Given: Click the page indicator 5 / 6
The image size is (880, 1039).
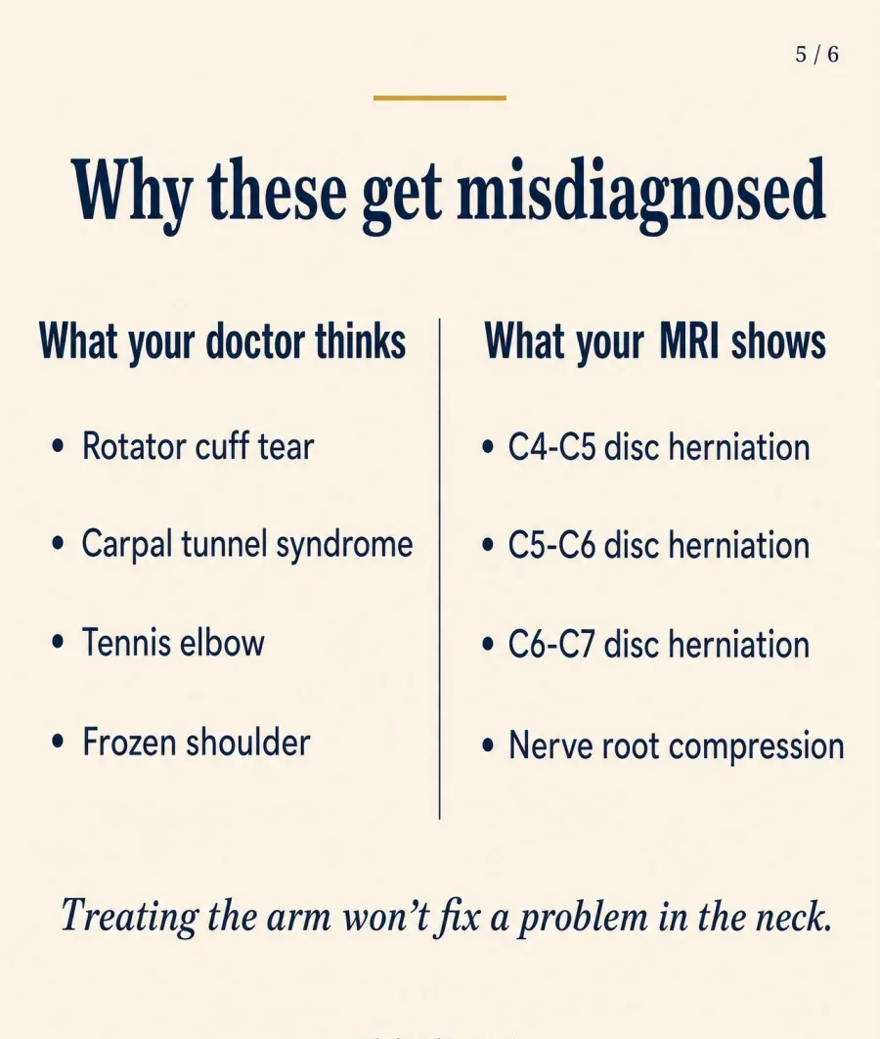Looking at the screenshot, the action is pyautogui.click(x=817, y=54).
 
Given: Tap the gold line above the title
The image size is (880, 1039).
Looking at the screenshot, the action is pyautogui.click(x=440, y=98).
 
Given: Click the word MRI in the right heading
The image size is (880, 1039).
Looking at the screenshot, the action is pyautogui.click(x=688, y=341).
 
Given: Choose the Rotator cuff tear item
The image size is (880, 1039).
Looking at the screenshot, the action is pyautogui.click(x=198, y=446).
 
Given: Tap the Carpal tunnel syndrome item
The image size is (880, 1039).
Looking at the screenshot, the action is pyautogui.click(x=247, y=545).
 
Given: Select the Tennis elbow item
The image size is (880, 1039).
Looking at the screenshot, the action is pyautogui.click(x=173, y=643).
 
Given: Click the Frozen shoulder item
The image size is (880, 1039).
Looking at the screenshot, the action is pyautogui.click(x=196, y=743).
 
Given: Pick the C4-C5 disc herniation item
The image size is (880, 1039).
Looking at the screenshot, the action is pyautogui.click(x=659, y=447).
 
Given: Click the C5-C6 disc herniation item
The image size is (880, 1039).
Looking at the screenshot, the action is pyautogui.click(x=659, y=546).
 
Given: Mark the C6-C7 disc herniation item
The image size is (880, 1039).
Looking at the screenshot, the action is pyautogui.click(x=659, y=645).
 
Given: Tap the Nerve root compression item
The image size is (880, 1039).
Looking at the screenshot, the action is pyautogui.click(x=676, y=746).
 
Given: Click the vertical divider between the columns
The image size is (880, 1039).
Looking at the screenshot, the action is pyautogui.click(x=440, y=568).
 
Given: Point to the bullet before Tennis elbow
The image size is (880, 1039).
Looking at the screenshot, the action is pyautogui.click(x=59, y=643).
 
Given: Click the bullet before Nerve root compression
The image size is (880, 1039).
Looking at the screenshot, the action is pyautogui.click(x=489, y=745).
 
